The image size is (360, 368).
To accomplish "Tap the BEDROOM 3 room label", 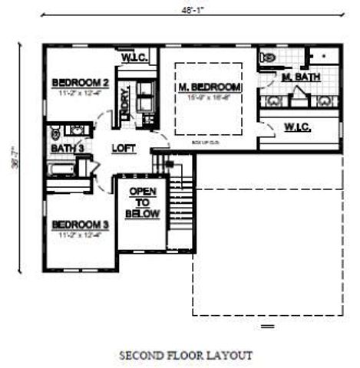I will (82, 225).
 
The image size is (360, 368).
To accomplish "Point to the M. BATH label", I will (298, 78).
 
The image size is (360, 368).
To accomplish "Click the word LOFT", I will (124, 147).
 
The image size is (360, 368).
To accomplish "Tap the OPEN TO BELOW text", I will (144, 203).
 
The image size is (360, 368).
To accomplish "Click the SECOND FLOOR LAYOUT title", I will (185, 355).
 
